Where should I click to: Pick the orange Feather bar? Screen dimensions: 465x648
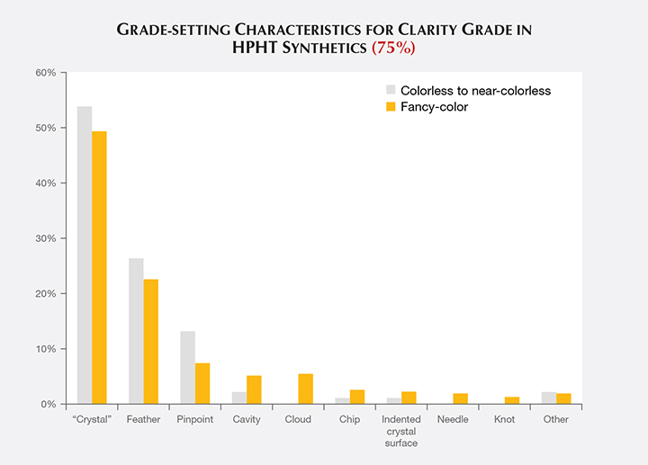click(x=151, y=341)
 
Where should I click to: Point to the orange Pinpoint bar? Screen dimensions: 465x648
click(x=202, y=383)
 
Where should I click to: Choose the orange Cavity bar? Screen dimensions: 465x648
click(x=254, y=389)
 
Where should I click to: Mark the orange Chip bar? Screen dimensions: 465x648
click(x=357, y=397)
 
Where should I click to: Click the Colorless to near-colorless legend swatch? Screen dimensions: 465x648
click(x=391, y=90)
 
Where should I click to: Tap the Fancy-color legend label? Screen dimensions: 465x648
click(x=434, y=107)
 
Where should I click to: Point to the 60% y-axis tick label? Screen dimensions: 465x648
click(x=45, y=72)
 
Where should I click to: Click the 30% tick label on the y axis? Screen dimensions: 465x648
click(x=45, y=238)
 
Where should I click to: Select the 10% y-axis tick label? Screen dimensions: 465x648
click(x=45, y=349)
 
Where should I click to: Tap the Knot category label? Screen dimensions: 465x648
click(x=505, y=419)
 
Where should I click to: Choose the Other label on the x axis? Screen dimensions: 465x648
click(x=556, y=419)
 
